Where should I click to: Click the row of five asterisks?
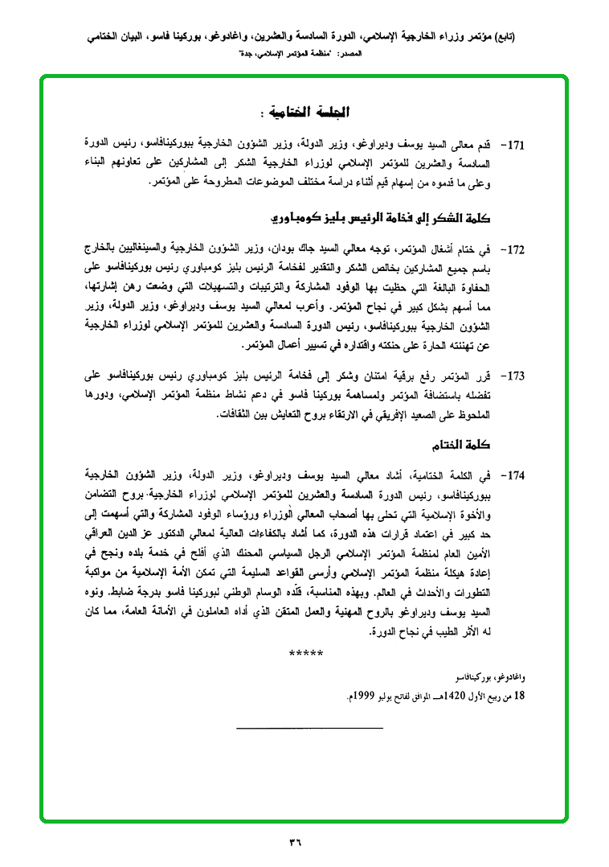coord(305,652)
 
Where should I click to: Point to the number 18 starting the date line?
coord(518,692)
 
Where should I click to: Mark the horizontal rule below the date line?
coord(310,727)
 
